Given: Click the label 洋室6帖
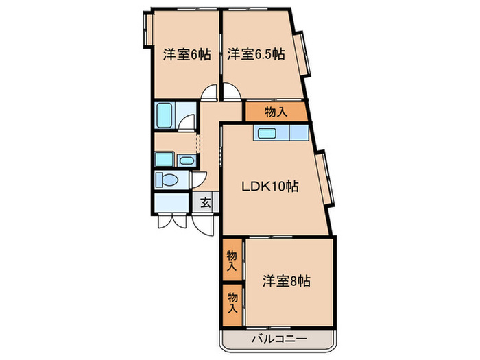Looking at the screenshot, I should pyautogui.click(x=187, y=55).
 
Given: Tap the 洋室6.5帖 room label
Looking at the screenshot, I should pyautogui.click(x=256, y=55).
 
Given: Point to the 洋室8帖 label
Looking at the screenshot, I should pyautogui.click(x=287, y=280).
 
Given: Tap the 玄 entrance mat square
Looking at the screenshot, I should pyautogui.click(x=205, y=202).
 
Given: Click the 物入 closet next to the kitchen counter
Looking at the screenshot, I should pyautogui.click(x=275, y=111).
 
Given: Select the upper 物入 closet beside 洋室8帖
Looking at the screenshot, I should pyautogui.click(x=232, y=259).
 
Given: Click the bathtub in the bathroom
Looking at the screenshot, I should pyautogui.click(x=165, y=115).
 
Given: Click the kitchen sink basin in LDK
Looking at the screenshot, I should pyautogui.click(x=267, y=133).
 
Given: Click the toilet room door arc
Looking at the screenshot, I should pyautogui.click(x=198, y=180).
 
